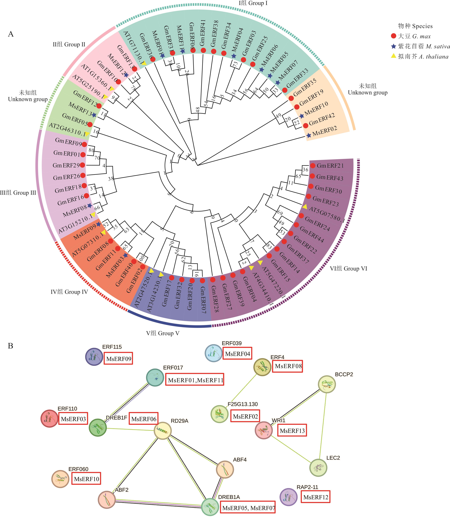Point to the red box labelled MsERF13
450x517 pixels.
coord(292,431)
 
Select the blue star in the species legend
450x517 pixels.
coord(393,46)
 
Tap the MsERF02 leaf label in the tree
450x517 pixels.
coord(324,131)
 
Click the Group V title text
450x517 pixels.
coord(163,333)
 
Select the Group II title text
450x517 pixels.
coord(69,44)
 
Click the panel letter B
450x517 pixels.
coord(11,346)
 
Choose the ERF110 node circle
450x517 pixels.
coord(50,418)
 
